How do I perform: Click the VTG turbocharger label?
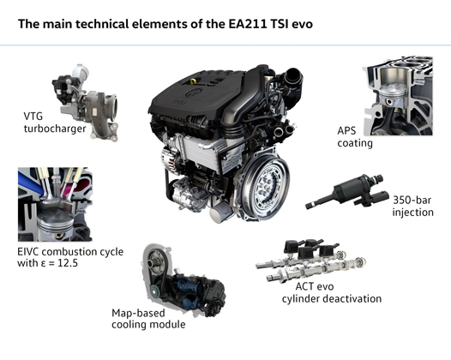click(x=52, y=122)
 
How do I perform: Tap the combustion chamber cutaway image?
click(x=56, y=206)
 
